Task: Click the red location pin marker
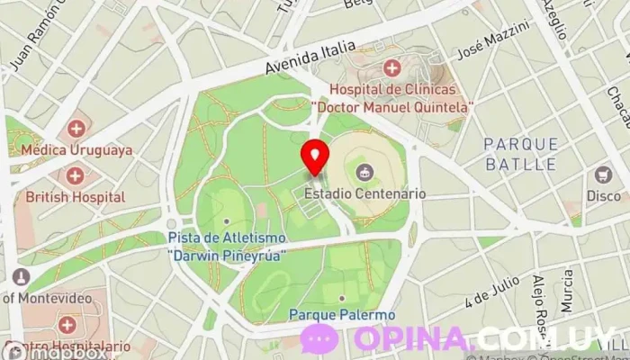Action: [x=315, y=157]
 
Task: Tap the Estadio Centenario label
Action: [x=365, y=193]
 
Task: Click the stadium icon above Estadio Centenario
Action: [x=364, y=171]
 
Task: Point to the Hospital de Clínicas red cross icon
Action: [x=391, y=68]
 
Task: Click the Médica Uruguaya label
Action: [x=79, y=150]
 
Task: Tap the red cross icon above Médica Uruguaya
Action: [x=76, y=129]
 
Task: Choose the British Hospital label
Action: [x=75, y=196]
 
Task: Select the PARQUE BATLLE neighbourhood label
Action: [x=521, y=153]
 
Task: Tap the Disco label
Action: [x=603, y=196]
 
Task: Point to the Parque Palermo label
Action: [x=342, y=315]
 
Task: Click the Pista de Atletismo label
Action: [x=227, y=246]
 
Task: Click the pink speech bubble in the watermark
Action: [x=319, y=338]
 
